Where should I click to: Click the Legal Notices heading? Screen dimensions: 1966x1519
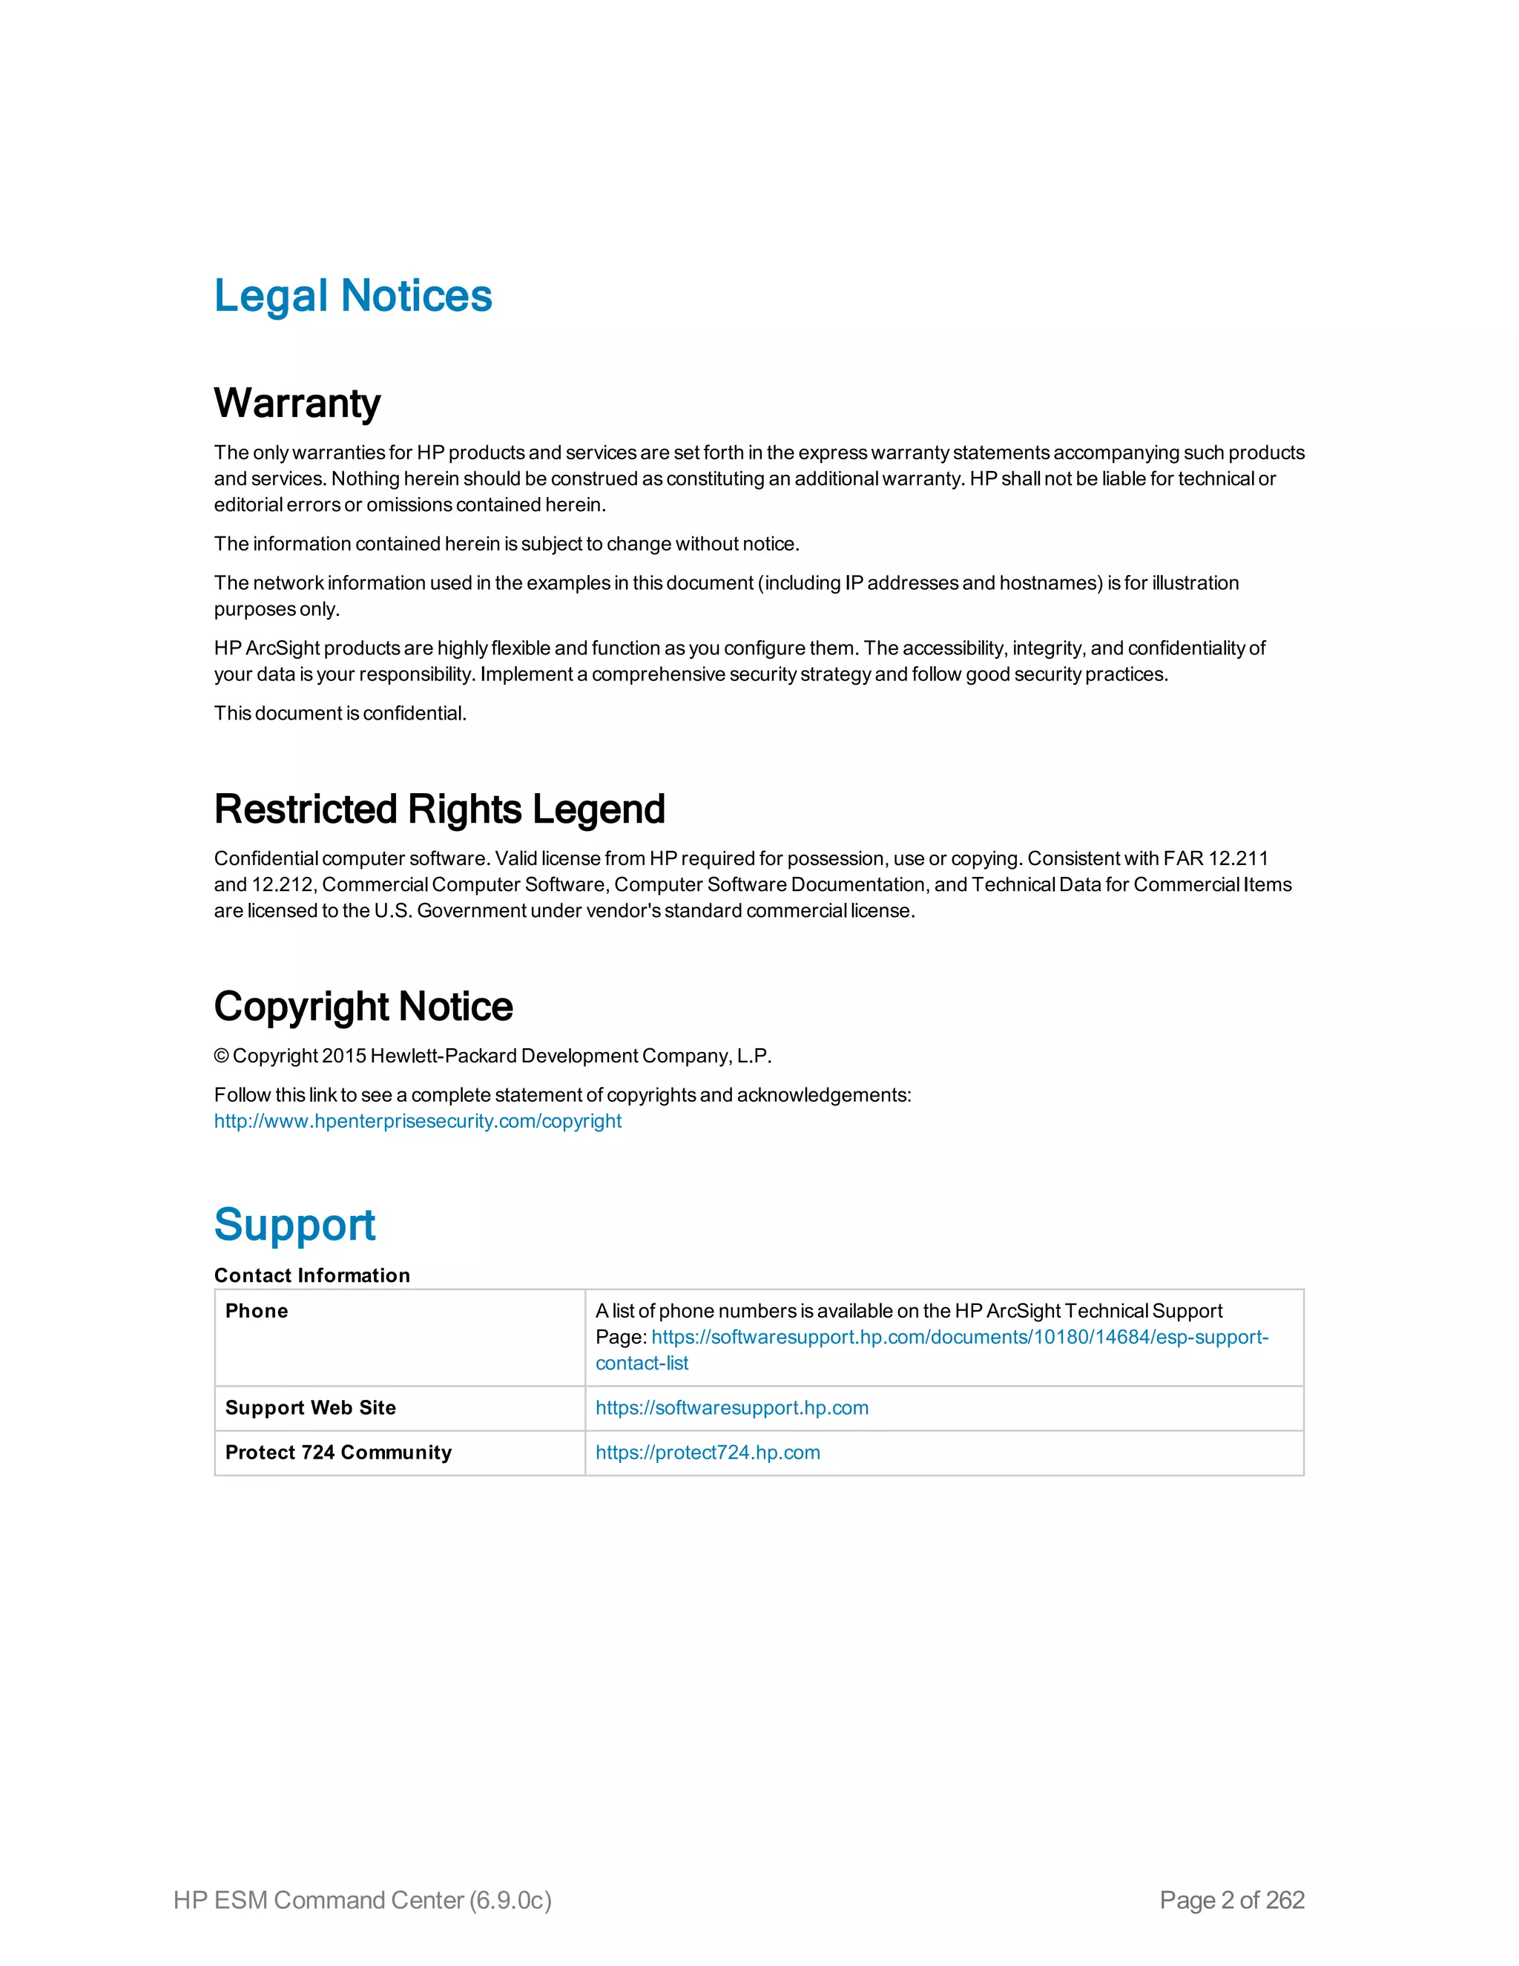coord(353,296)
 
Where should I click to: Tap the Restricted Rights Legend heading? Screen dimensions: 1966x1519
coord(439,809)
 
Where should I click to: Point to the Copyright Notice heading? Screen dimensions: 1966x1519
coord(363,1007)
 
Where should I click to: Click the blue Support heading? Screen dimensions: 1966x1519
coord(294,1224)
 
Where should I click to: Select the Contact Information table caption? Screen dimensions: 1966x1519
coord(312,1275)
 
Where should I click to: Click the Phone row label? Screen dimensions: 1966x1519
coord(257,1311)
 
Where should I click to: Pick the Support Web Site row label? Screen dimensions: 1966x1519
coord(311,1408)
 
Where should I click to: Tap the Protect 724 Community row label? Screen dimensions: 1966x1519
coord(338,1452)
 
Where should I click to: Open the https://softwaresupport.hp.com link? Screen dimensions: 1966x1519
coord(731,1408)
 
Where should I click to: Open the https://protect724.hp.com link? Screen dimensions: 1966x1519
coord(708,1452)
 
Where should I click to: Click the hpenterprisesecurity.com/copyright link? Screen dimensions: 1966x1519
coord(418,1121)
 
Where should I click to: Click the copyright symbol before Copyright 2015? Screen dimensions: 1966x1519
coord(221,1056)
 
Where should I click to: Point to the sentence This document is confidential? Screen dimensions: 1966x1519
coord(340,713)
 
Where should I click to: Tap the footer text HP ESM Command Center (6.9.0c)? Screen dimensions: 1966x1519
coord(362,1899)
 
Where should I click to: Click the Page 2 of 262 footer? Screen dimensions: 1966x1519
coord(1231,1899)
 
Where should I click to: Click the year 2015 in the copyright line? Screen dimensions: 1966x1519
coord(343,1056)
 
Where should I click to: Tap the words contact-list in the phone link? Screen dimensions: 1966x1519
coord(642,1363)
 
